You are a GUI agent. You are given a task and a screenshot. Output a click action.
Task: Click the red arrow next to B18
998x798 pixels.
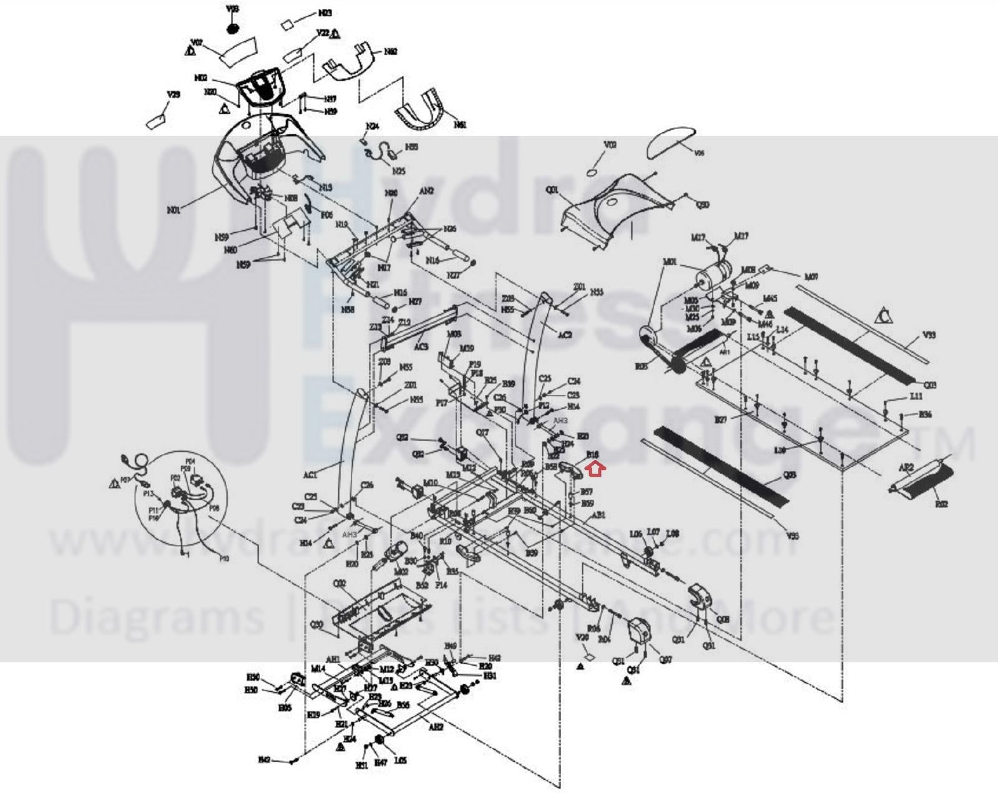click(596, 468)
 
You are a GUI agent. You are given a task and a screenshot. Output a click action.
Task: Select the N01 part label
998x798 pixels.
click(174, 210)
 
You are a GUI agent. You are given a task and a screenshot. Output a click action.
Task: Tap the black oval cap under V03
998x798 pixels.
click(232, 28)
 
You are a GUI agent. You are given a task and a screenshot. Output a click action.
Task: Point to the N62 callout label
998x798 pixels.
click(391, 52)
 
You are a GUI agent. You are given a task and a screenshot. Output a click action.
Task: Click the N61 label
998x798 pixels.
click(460, 125)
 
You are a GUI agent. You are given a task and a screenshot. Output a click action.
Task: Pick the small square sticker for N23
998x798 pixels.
click(288, 25)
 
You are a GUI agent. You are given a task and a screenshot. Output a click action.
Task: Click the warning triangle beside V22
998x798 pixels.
click(336, 34)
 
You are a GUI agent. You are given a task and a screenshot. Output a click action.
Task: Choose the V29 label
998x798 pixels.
click(174, 95)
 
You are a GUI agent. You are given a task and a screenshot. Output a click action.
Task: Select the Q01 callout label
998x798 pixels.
click(552, 190)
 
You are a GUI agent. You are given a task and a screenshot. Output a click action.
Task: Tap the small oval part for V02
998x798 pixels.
click(592, 172)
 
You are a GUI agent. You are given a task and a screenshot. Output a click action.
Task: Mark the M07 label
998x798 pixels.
click(811, 276)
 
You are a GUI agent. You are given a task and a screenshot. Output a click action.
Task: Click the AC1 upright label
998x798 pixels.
click(310, 475)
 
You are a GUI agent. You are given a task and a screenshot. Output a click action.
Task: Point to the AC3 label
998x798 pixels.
click(421, 347)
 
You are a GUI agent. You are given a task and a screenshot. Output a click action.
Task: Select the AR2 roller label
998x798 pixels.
click(906, 467)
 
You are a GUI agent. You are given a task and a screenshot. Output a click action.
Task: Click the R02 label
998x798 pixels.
click(941, 503)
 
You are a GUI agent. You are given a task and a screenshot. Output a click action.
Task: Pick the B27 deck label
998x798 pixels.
click(721, 419)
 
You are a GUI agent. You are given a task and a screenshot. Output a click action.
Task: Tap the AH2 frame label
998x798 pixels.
click(436, 727)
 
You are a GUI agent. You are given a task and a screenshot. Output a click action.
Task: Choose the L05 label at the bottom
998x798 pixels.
click(400, 761)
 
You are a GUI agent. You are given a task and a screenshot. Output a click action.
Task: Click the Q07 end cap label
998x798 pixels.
click(665, 659)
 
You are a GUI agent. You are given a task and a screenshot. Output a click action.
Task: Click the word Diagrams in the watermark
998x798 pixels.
click(156, 616)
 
